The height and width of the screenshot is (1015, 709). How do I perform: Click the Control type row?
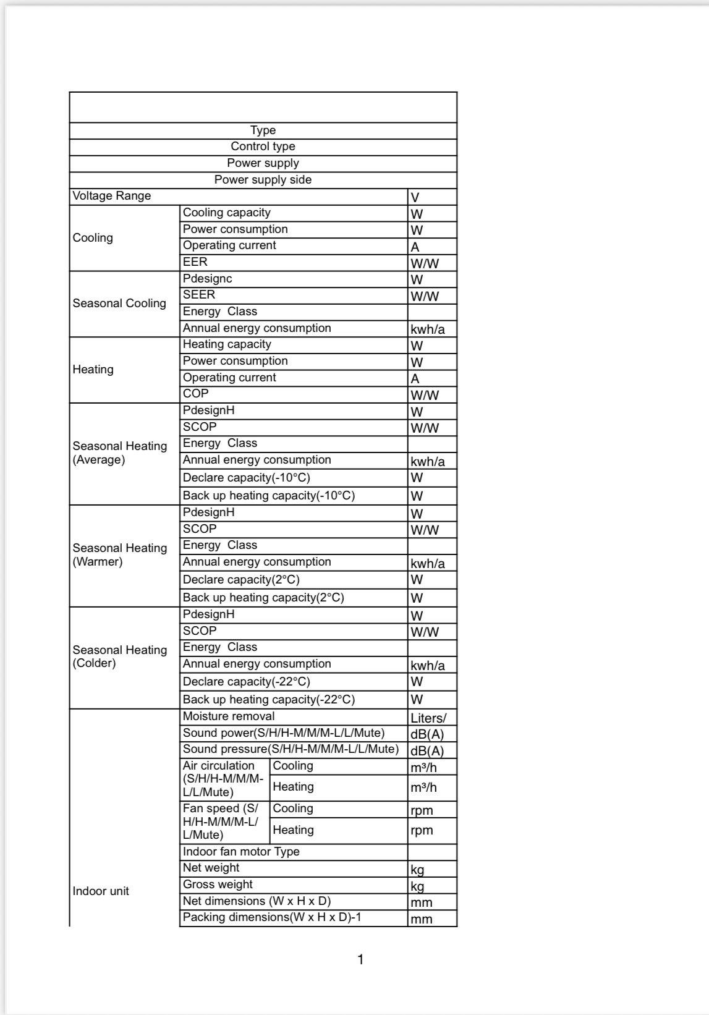pos(263,147)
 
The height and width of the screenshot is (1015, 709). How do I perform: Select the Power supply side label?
pos(263,180)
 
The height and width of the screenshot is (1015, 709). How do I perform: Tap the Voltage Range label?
pos(112,196)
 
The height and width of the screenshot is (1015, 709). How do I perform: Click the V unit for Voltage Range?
pos(415,197)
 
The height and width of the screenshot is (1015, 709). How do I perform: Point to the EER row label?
pos(195,262)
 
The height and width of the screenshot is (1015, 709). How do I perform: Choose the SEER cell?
pos(199,295)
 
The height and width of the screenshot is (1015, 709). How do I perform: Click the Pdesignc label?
pos(208,279)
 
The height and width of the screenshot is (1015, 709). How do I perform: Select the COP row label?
pos(196,394)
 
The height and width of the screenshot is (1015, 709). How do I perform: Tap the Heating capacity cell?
pos(227,344)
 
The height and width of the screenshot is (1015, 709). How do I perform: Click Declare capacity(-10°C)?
pos(247,478)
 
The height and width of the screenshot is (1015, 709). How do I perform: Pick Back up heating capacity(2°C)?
pos(263,598)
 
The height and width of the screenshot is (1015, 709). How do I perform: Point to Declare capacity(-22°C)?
pos(247,682)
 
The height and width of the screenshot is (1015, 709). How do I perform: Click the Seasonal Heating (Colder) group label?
pos(120,656)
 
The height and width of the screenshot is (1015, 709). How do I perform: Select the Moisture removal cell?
pos(229,716)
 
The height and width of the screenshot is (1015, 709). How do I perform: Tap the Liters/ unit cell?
pos(428,718)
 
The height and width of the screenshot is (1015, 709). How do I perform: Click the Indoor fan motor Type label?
pos(241,852)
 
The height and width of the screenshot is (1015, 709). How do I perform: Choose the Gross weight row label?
pos(218,885)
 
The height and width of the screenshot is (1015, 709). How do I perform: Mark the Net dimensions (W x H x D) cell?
pos(257,901)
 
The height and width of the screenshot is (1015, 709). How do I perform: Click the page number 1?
pos(360,960)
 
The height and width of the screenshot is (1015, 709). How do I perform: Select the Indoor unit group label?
pos(101,891)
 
